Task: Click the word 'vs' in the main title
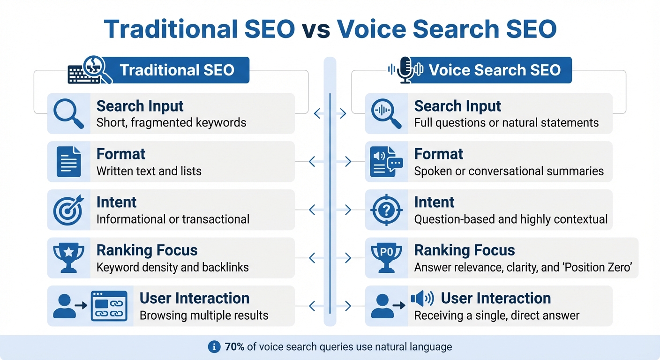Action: coord(316,29)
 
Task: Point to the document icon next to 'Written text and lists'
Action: coord(68,162)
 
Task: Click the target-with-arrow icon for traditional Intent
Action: coord(68,210)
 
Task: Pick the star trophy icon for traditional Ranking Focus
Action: coord(68,258)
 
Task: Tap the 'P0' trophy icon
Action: coord(386,258)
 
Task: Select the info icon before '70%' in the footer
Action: coord(214,347)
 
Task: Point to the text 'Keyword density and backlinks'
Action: coord(172,268)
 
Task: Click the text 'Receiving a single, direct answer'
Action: coord(497,315)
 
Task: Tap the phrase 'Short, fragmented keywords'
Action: coord(171,123)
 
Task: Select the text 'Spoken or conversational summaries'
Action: coord(509,171)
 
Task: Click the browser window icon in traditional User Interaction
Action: coord(109,306)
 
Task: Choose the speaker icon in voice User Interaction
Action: coord(422,298)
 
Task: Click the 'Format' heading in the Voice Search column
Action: coord(439,154)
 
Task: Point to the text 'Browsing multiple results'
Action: coord(204,315)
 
